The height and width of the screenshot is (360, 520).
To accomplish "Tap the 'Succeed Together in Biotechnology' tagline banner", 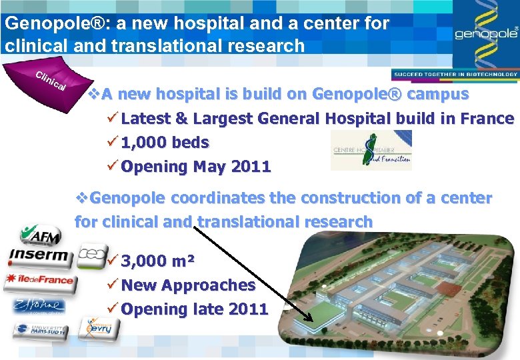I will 455,75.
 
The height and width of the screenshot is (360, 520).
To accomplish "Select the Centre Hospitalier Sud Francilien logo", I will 371,150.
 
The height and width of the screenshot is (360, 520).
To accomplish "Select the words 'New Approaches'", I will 188,285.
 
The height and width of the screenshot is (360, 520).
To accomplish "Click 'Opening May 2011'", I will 196,167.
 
